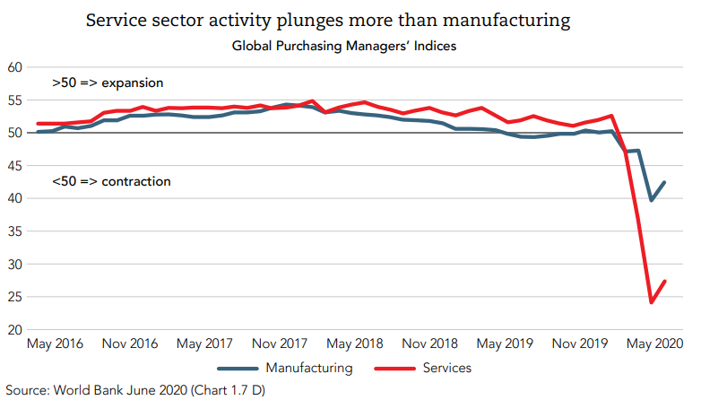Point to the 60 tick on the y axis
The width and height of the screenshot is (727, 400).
15,67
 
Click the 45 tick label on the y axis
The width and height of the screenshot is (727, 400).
15,165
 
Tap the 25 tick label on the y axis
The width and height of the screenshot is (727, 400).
15,297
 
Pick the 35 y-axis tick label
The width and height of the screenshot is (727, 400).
15,231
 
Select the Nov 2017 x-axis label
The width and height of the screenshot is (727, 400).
280,343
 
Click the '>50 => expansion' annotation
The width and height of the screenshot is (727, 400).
108,83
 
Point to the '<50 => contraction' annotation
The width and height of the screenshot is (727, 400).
111,182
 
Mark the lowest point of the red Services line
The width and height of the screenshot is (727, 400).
652,302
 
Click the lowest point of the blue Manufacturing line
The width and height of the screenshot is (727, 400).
652,200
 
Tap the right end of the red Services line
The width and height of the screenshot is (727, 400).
664,281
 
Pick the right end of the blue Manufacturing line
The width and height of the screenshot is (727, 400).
664,182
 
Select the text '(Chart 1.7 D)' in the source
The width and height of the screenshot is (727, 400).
226,390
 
